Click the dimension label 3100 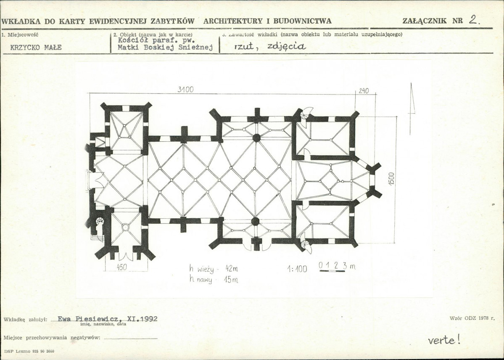coord(185,90)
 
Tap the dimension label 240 coord(364,91)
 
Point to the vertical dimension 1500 coord(391,179)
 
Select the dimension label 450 coord(122,267)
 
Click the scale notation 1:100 coord(297,269)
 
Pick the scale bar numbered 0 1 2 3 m coord(337,267)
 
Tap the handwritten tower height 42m coord(232,268)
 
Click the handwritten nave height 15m coord(231,280)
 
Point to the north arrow coord(412,109)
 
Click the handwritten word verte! coord(444,340)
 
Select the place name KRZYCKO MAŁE coord(36,48)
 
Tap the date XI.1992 coord(142,319)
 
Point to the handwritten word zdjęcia coord(286,47)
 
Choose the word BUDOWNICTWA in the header coord(303,21)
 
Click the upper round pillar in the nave coord(256,138)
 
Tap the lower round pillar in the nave coord(255,221)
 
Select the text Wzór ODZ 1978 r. coord(472,318)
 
